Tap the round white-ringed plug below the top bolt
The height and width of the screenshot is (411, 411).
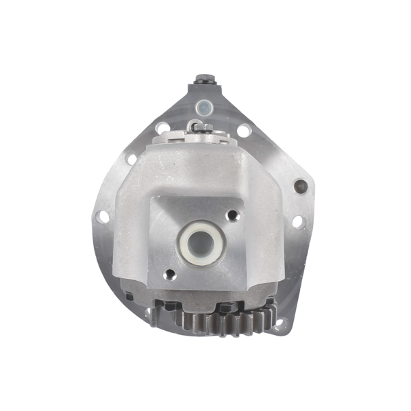(204, 106)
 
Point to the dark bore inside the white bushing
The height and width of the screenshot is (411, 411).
(201, 241)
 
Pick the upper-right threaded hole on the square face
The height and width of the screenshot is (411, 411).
(233, 215)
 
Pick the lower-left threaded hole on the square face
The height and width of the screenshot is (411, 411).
(169, 275)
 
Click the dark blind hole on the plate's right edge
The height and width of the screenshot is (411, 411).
(299, 186)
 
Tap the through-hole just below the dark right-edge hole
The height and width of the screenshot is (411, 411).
(297, 221)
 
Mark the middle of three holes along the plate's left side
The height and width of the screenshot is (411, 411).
(131, 160)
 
